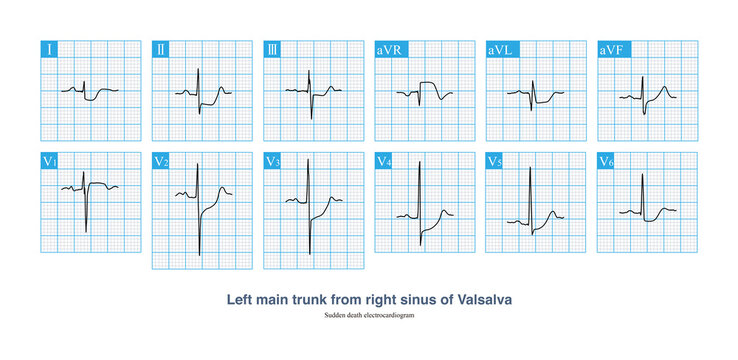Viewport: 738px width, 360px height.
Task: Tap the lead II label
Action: [161, 48]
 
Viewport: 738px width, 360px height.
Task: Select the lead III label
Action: [272, 48]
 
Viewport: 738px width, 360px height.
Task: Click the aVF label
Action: [609, 48]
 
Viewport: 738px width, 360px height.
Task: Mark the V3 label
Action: [273, 160]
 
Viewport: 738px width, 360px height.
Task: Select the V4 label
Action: [384, 160]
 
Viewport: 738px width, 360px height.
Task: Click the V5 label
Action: [495, 160]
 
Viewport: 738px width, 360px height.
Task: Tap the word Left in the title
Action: [245, 298]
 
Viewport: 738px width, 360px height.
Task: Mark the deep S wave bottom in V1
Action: [86, 233]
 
